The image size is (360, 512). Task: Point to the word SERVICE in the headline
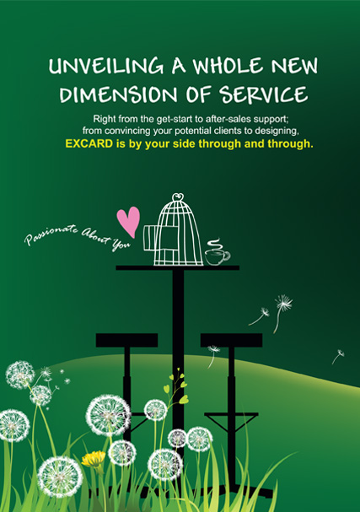[263, 94]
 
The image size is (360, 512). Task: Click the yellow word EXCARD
[89, 143]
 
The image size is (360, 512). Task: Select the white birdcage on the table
[174, 230]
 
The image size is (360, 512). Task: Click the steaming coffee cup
[217, 256]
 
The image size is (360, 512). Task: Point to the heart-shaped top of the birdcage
[178, 197]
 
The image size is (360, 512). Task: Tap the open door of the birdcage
[150, 238]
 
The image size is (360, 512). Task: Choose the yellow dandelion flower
[94, 459]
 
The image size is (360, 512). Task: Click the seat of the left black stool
[126, 340]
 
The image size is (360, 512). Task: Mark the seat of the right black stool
[231, 340]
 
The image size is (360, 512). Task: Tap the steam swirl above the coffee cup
[214, 244]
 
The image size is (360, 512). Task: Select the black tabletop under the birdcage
[178, 267]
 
